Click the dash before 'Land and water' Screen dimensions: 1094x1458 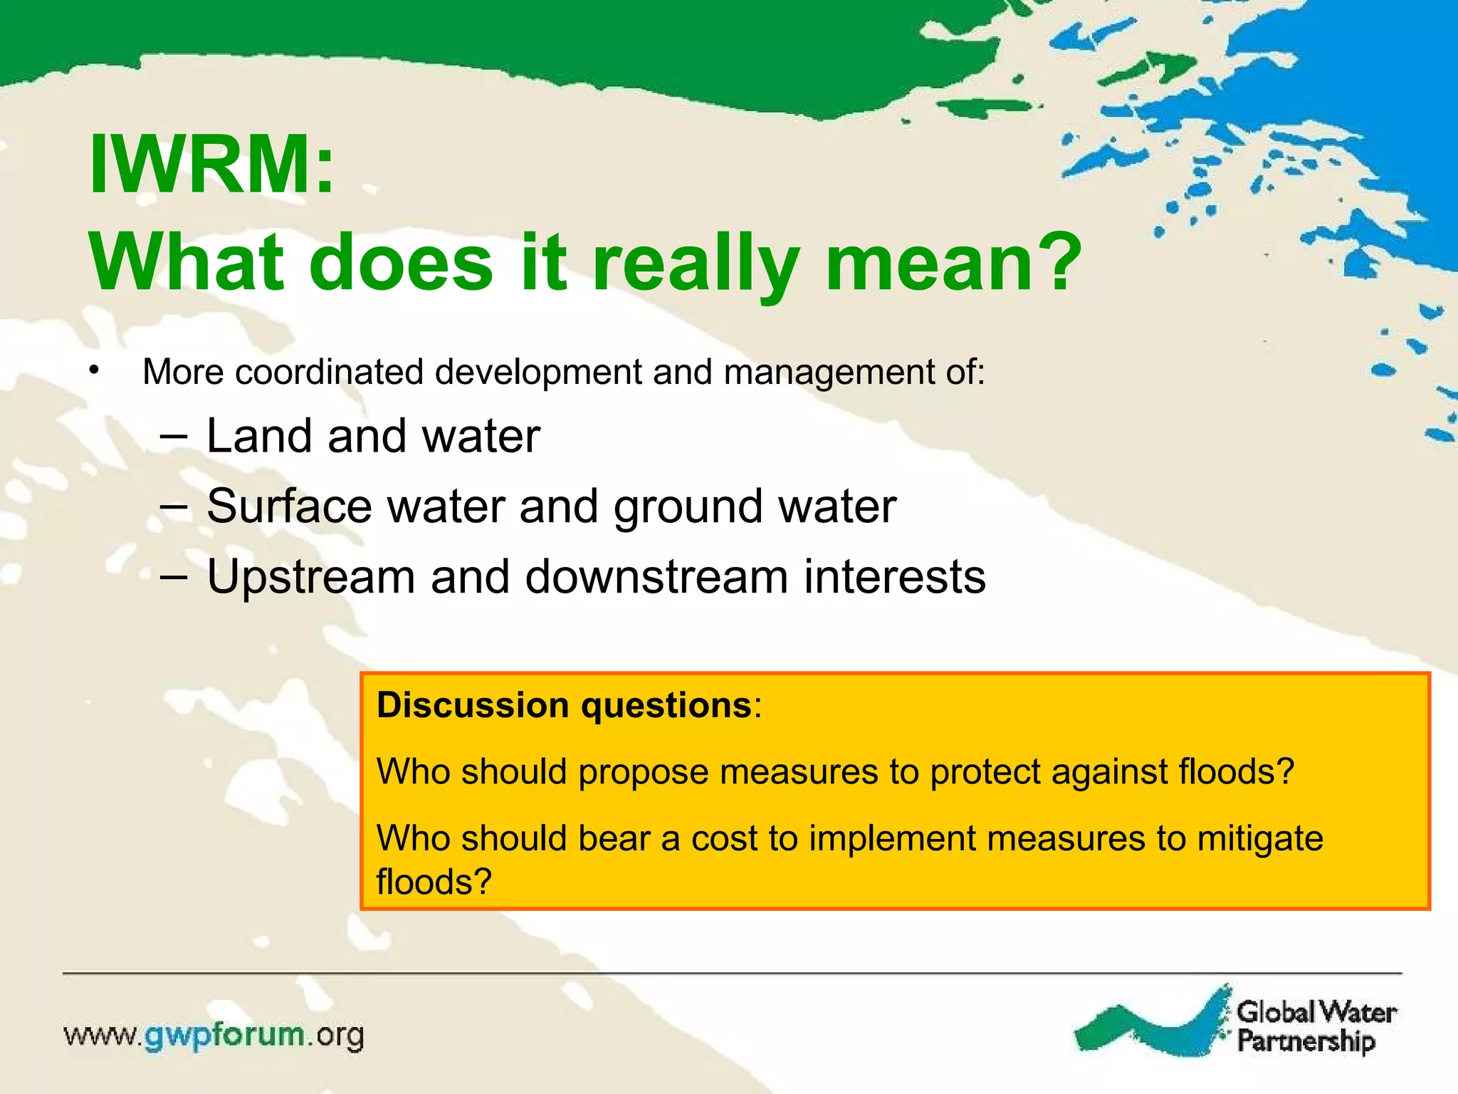[174, 436]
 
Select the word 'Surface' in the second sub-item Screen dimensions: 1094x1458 [289, 506]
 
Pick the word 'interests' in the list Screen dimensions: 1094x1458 [895, 576]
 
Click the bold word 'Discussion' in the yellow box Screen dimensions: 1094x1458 [473, 705]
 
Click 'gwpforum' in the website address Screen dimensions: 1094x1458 [224, 1035]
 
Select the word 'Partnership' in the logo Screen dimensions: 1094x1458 [1306, 1041]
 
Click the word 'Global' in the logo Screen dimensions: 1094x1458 [1275, 1011]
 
